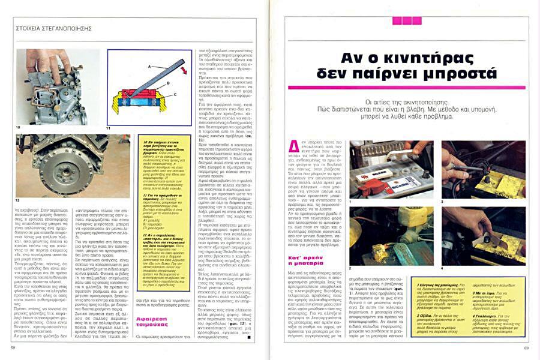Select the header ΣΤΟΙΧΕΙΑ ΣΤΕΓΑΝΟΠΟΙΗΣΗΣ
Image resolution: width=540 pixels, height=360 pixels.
pyautogui.click(x=53, y=28)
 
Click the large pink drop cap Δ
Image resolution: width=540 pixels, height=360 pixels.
pyautogui.click(x=295, y=146)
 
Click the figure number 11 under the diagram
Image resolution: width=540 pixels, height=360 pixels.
pyautogui.click(x=109, y=128)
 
